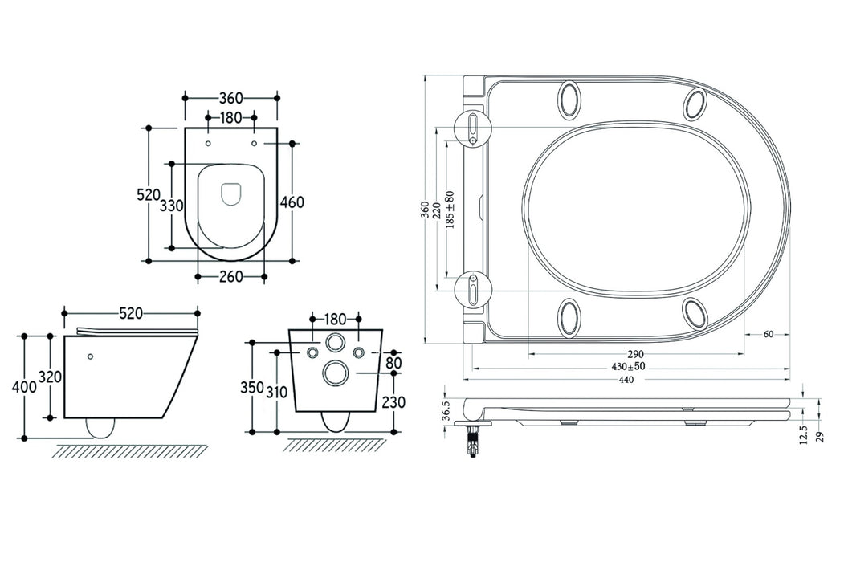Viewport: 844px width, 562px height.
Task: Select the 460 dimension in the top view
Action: click(291, 202)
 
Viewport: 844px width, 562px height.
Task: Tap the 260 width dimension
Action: click(231, 278)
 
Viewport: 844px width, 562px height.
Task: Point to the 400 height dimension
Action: click(24, 387)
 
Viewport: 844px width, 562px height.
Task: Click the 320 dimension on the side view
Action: click(51, 377)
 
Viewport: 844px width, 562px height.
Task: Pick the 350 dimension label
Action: click(252, 388)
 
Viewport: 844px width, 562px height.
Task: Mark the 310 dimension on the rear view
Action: click(277, 393)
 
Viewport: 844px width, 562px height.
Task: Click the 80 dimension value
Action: click(393, 363)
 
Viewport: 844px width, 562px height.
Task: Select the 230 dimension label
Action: click(393, 402)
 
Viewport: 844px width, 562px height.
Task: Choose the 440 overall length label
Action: click(626, 380)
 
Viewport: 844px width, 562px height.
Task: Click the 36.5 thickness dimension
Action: click(446, 411)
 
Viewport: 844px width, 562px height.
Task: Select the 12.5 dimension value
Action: click(805, 434)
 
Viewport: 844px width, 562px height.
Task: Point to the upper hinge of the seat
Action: click(473, 128)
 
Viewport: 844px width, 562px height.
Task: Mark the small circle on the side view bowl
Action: click(90, 356)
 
